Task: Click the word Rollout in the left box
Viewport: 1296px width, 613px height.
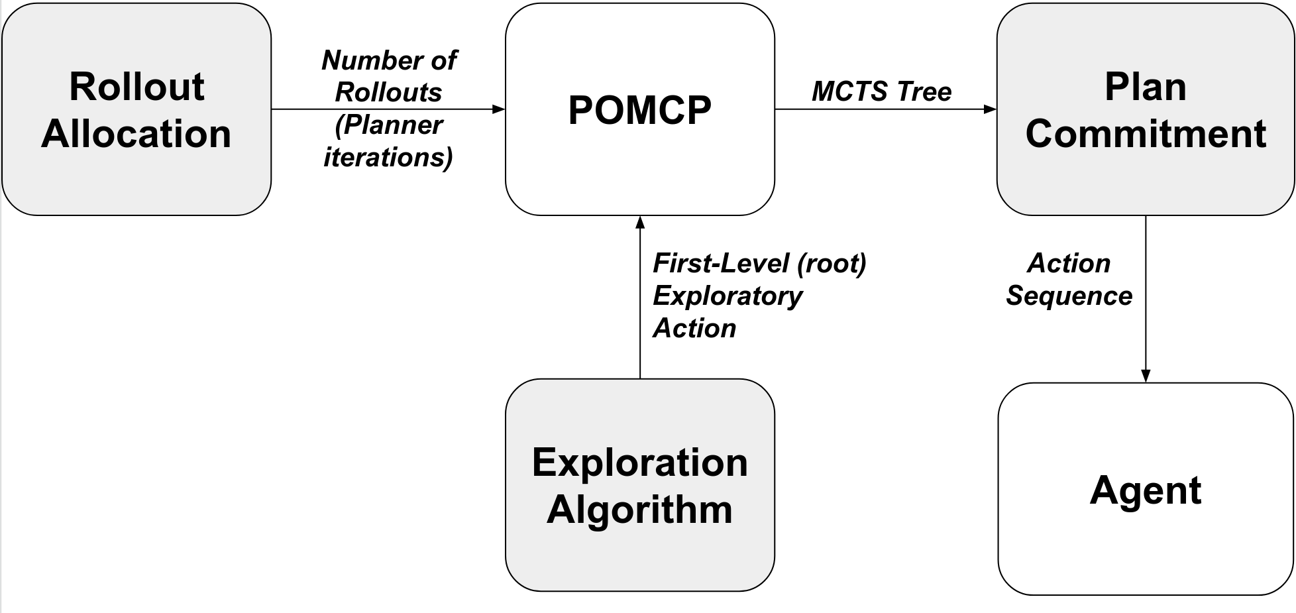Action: [x=136, y=87]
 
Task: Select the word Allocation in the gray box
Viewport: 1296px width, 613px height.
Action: [x=136, y=134]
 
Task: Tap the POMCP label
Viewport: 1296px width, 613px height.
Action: [x=639, y=110]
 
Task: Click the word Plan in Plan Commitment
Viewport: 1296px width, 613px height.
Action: [x=1145, y=87]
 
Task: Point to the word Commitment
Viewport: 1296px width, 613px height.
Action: [x=1145, y=134]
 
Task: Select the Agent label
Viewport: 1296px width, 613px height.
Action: [x=1145, y=490]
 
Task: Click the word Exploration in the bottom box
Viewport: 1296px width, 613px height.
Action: [x=639, y=462]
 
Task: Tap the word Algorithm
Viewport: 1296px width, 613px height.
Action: [x=639, y=510]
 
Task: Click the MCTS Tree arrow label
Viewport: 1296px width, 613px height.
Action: [x=881, y=91]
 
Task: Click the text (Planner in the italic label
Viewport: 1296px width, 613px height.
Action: [x=388, y=125]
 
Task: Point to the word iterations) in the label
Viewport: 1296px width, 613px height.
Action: [x=388, y=158]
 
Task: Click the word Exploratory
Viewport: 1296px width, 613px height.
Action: [x=728, y=296]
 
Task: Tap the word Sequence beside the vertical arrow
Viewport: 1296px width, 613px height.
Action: [x=1069, y=296]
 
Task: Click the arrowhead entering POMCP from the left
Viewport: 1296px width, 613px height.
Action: [x=499, y=109]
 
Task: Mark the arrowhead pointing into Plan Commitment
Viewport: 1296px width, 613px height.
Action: [x=990, y=109]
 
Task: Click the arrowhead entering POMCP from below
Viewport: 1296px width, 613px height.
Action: [x=640, y=222]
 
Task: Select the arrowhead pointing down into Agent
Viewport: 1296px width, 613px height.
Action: [x=1146, y=376]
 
